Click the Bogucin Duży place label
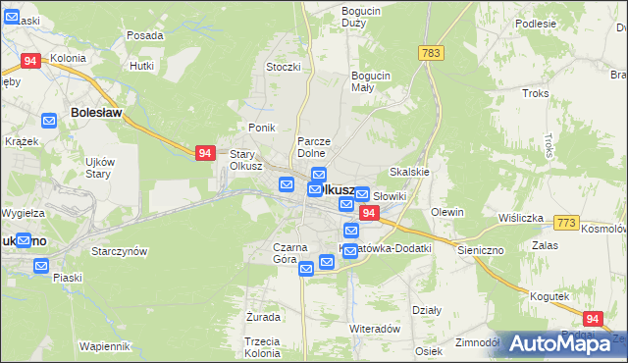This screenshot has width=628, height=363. (361, 17)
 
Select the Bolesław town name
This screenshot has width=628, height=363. (96, 113)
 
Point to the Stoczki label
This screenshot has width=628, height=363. (283, 67)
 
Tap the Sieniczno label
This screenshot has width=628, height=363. (481, 250)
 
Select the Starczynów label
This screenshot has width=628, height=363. (119, 251)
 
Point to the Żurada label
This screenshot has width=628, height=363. (264, 318)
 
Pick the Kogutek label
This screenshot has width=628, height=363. (549, 296)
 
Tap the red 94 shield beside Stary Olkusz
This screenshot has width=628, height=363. (204, 153)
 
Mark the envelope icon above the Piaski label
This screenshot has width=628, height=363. (41, 266)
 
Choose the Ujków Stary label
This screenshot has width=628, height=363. (100, 168)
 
